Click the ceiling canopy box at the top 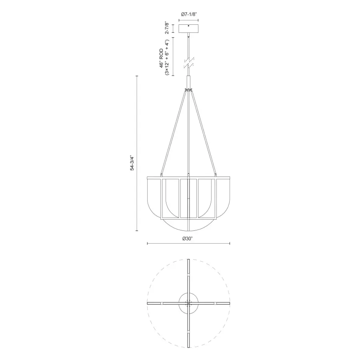188,29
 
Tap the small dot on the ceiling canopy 188,26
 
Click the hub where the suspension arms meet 188,89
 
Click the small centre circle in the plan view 188,304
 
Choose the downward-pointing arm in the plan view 188,332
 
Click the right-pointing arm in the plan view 214,304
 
